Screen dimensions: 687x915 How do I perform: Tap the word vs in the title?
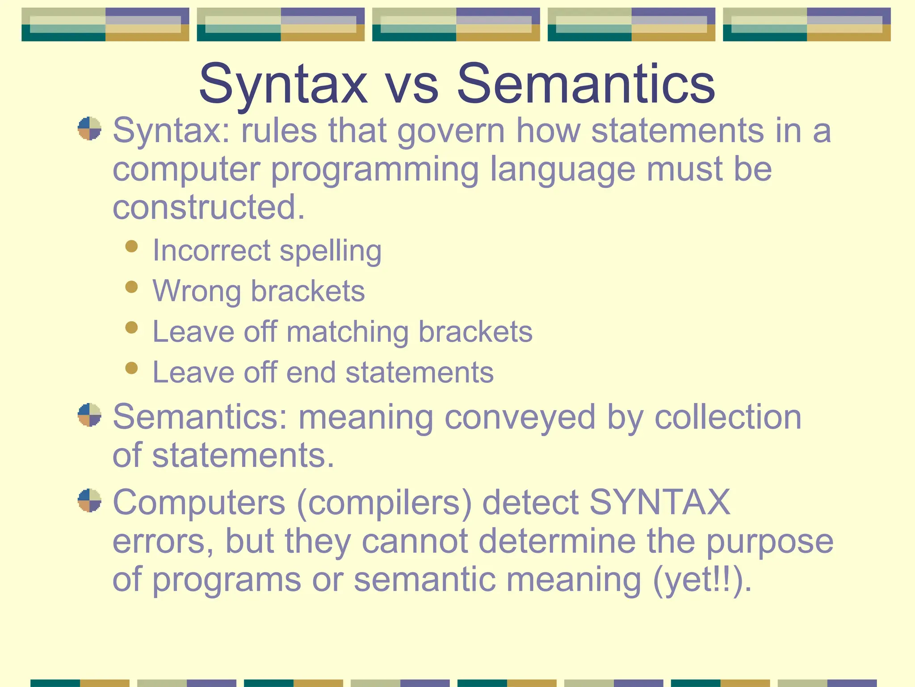(x=412, y=85)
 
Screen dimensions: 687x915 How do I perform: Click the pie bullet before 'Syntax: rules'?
(x=89, y=129)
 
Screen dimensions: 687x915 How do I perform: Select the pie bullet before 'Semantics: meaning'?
(x=89, y=415)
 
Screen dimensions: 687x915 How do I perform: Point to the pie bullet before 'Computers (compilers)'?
(x=89, y=500)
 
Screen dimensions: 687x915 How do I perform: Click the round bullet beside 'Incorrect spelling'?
(x=131, y=246)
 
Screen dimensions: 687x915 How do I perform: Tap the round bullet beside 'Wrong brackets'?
(x=131, y=287)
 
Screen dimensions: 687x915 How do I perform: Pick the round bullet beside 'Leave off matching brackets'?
(x=131, y=327)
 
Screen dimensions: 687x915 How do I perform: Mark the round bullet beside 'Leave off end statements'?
(x=131, y=368)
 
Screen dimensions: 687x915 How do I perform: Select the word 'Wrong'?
(x=196, y=291)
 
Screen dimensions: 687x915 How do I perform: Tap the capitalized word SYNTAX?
(x=660, y=502)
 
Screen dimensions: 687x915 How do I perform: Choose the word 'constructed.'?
(x=209, y=207)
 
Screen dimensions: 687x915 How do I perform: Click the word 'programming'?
(x=375, y=170)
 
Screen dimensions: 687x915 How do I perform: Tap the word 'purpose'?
(x=769, y=542)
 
